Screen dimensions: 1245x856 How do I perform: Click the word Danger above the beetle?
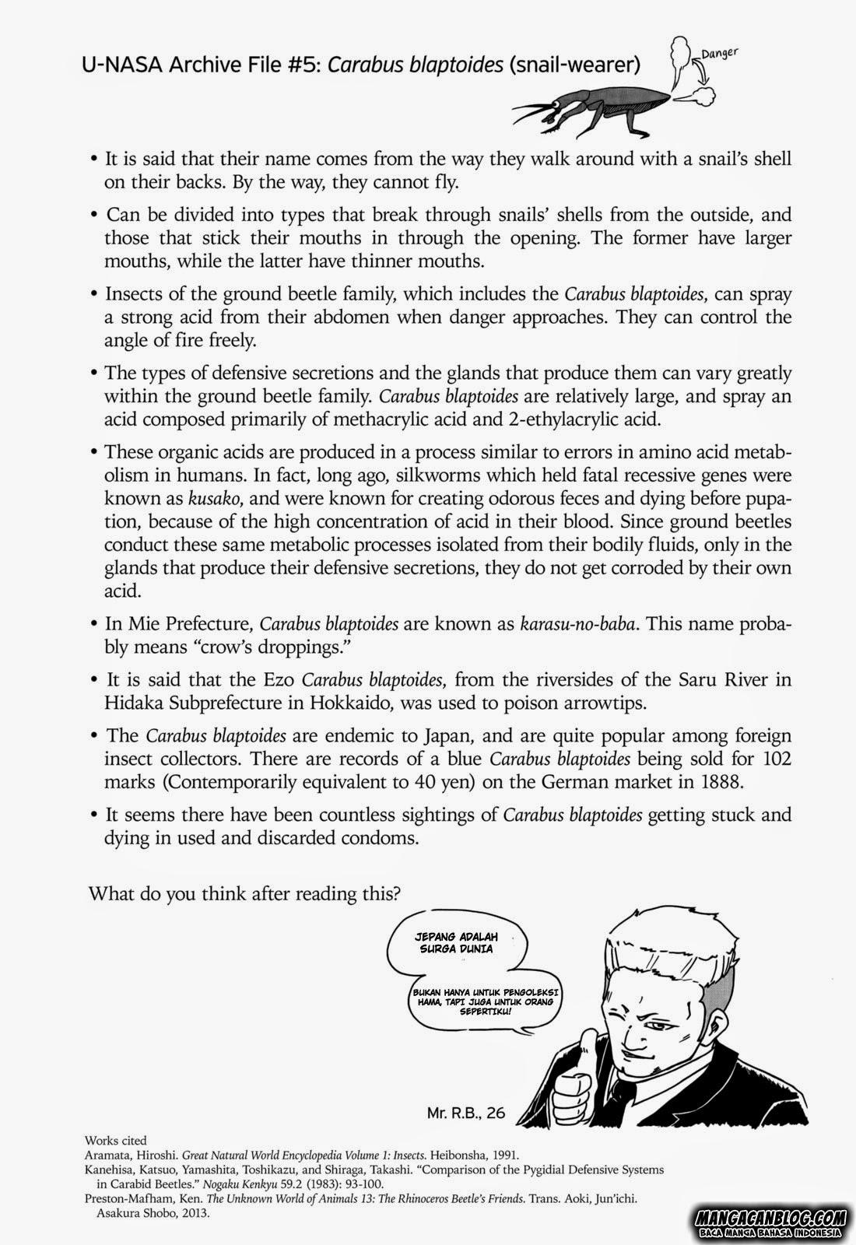pyautogui.click(x=718, y=54)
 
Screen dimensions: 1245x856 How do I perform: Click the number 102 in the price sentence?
pyautogui.click(x=775, y=758)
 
